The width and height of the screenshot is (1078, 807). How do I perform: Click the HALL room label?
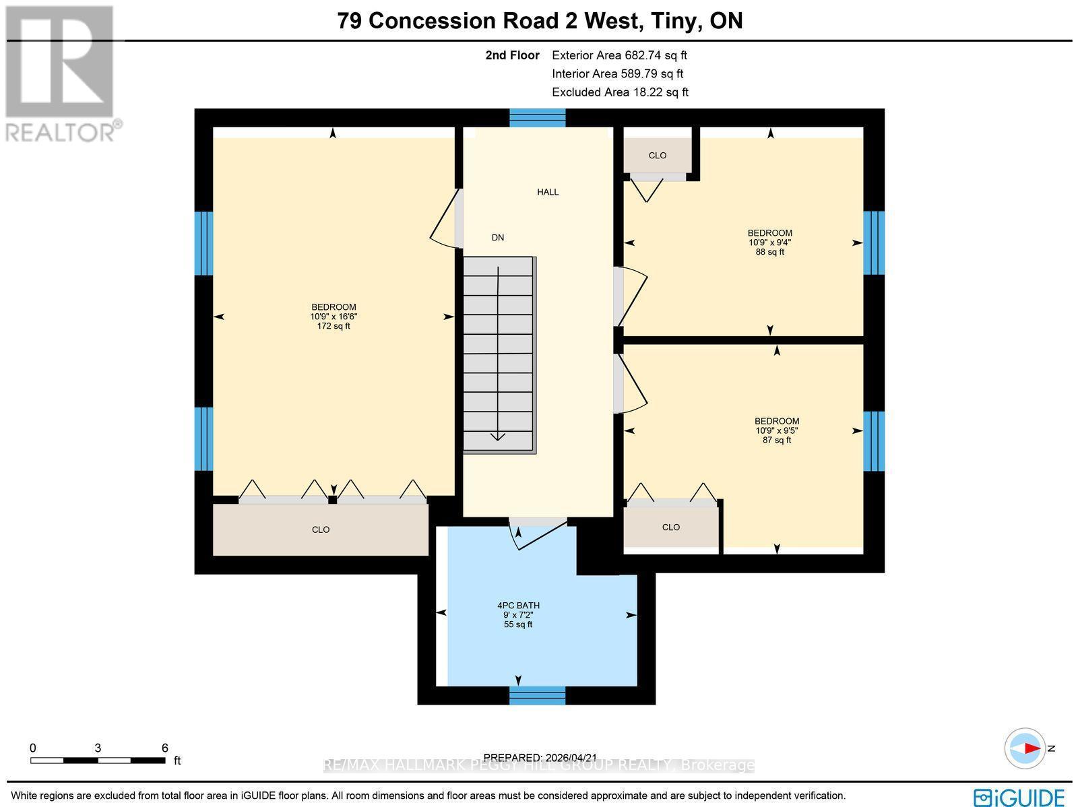[x=548, y=192]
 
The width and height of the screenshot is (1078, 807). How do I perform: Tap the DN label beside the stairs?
[x=498, y=238]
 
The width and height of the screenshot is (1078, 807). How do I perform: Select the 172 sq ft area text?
[x=334, y=326]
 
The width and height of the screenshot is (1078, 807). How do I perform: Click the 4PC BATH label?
[x=518, y=606]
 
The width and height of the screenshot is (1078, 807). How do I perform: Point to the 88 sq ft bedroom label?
[x=770, y=234]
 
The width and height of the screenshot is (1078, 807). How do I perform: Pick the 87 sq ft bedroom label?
[x=777, y=422]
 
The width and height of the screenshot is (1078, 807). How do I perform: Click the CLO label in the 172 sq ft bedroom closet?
[x=321, y=530]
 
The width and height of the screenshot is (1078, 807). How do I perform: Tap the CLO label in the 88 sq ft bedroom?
[x=658, y=156]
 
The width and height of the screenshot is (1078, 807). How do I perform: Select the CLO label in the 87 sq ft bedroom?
[x=671, y=527]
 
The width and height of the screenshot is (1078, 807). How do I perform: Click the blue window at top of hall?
[x=537, y=118]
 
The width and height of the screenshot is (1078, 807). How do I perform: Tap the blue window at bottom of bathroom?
[x=537, y=695]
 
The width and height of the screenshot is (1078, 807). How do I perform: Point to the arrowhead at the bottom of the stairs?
[x=498, y=437]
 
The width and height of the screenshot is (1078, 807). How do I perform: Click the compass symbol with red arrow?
[x=1025, y=748]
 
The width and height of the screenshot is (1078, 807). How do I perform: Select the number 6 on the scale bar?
[x=165, y=748]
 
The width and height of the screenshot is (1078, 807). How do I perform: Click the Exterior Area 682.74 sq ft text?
[x=619, y=56]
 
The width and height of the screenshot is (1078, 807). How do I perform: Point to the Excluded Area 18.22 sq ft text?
[x=620, y=92]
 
